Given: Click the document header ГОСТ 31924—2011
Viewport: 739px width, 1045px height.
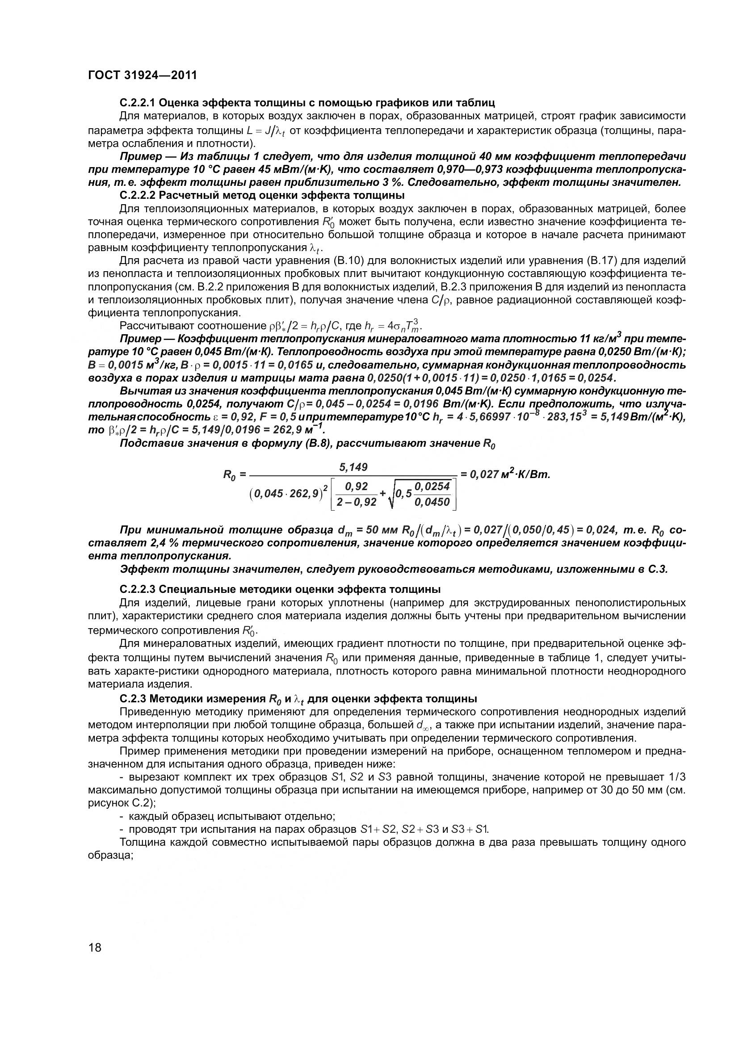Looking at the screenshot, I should tap(143, 75).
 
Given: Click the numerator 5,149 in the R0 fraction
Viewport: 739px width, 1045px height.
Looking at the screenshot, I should tap(353, 467).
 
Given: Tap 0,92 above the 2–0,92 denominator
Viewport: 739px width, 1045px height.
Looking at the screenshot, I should tap(356, 487).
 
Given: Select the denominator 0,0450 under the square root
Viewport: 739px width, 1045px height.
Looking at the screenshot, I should tap(432, 502).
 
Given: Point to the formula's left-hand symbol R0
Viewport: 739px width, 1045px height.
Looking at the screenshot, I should tap(228, 475).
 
